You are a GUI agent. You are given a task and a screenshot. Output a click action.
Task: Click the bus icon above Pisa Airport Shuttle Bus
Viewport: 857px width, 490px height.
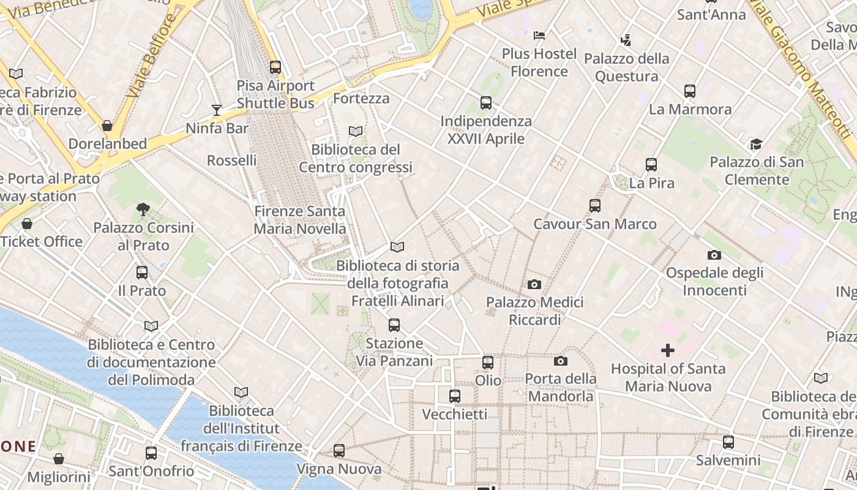click(x=275, y=67)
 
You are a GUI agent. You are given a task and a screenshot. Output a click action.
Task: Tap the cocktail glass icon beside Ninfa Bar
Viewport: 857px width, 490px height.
click(x=217, y=110)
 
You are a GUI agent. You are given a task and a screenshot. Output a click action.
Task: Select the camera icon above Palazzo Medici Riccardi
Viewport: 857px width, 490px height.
click(x=534, y=284)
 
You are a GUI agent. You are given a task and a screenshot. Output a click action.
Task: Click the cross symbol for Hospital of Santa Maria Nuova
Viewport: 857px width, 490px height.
click(x=668, y=350)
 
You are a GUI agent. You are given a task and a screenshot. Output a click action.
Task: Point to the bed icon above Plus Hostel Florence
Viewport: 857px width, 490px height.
click(x=539, y=36)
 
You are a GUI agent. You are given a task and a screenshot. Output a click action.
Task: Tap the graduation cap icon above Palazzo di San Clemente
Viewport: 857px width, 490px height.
click(x=756, y=145)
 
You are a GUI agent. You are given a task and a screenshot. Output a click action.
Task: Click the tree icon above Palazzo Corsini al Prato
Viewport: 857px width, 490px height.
click(x=143, y=209)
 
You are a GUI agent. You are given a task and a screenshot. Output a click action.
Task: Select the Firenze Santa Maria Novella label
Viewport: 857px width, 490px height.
click(x=300, y=220)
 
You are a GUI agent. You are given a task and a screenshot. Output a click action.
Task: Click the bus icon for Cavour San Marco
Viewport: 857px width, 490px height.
click(x=595, y=206)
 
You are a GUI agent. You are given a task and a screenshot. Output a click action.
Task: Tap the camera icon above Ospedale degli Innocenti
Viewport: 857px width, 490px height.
click(x=714, y=255)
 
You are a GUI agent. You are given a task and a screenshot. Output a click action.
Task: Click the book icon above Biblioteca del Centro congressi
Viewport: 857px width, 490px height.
click(x=356, y=131)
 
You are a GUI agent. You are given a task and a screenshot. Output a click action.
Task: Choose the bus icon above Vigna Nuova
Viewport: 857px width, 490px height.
click(x=339, y=451)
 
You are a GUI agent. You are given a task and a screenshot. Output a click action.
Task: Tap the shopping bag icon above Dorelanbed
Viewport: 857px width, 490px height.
click(x=107, y=126)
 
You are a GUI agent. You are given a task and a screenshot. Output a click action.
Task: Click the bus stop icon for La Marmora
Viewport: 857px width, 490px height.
click(x=690, y=91)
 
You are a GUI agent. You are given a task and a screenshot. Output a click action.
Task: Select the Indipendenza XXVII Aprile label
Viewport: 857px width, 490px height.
click(x=486, y=130)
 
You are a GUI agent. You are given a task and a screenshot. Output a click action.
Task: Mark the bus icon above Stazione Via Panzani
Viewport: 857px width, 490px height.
click(x=394, y=325)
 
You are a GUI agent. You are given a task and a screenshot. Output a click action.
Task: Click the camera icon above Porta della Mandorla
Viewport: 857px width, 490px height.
click(x=561, y=361)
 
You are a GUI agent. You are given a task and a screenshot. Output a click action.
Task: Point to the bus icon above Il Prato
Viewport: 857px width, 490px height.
click(x=142, y=273)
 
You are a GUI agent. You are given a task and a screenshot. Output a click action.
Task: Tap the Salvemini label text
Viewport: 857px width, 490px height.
click(x=728, y=460)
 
